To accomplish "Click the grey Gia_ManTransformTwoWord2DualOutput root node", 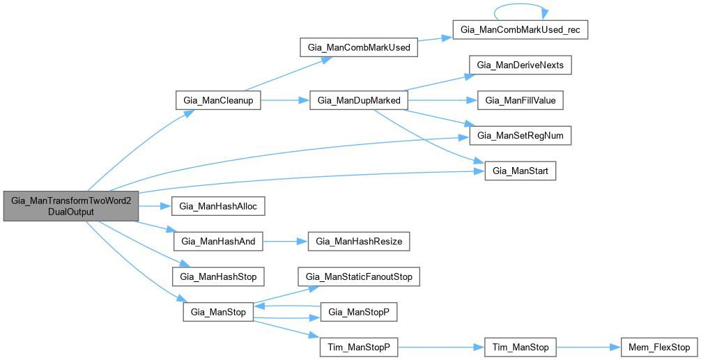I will point(71,205).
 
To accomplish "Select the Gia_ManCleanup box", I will point(218,101).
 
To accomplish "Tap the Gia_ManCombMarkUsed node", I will point(358,48).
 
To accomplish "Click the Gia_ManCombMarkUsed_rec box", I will point(520,31).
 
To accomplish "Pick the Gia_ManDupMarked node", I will point(358,101).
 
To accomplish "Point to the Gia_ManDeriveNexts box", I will point(520,65).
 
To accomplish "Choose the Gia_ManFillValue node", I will point(520,100).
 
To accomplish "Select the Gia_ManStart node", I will point(520,171).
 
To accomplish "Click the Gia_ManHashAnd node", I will point(218,242).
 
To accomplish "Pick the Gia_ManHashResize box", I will point(358,242).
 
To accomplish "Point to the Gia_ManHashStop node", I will point(218,276).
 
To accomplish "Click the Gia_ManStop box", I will point(218,312).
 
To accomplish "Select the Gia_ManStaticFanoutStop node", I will point(358,277).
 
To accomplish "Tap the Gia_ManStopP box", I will point(358,313).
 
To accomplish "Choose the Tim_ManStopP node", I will point(358,347).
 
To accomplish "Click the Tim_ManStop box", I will point(520,347).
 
